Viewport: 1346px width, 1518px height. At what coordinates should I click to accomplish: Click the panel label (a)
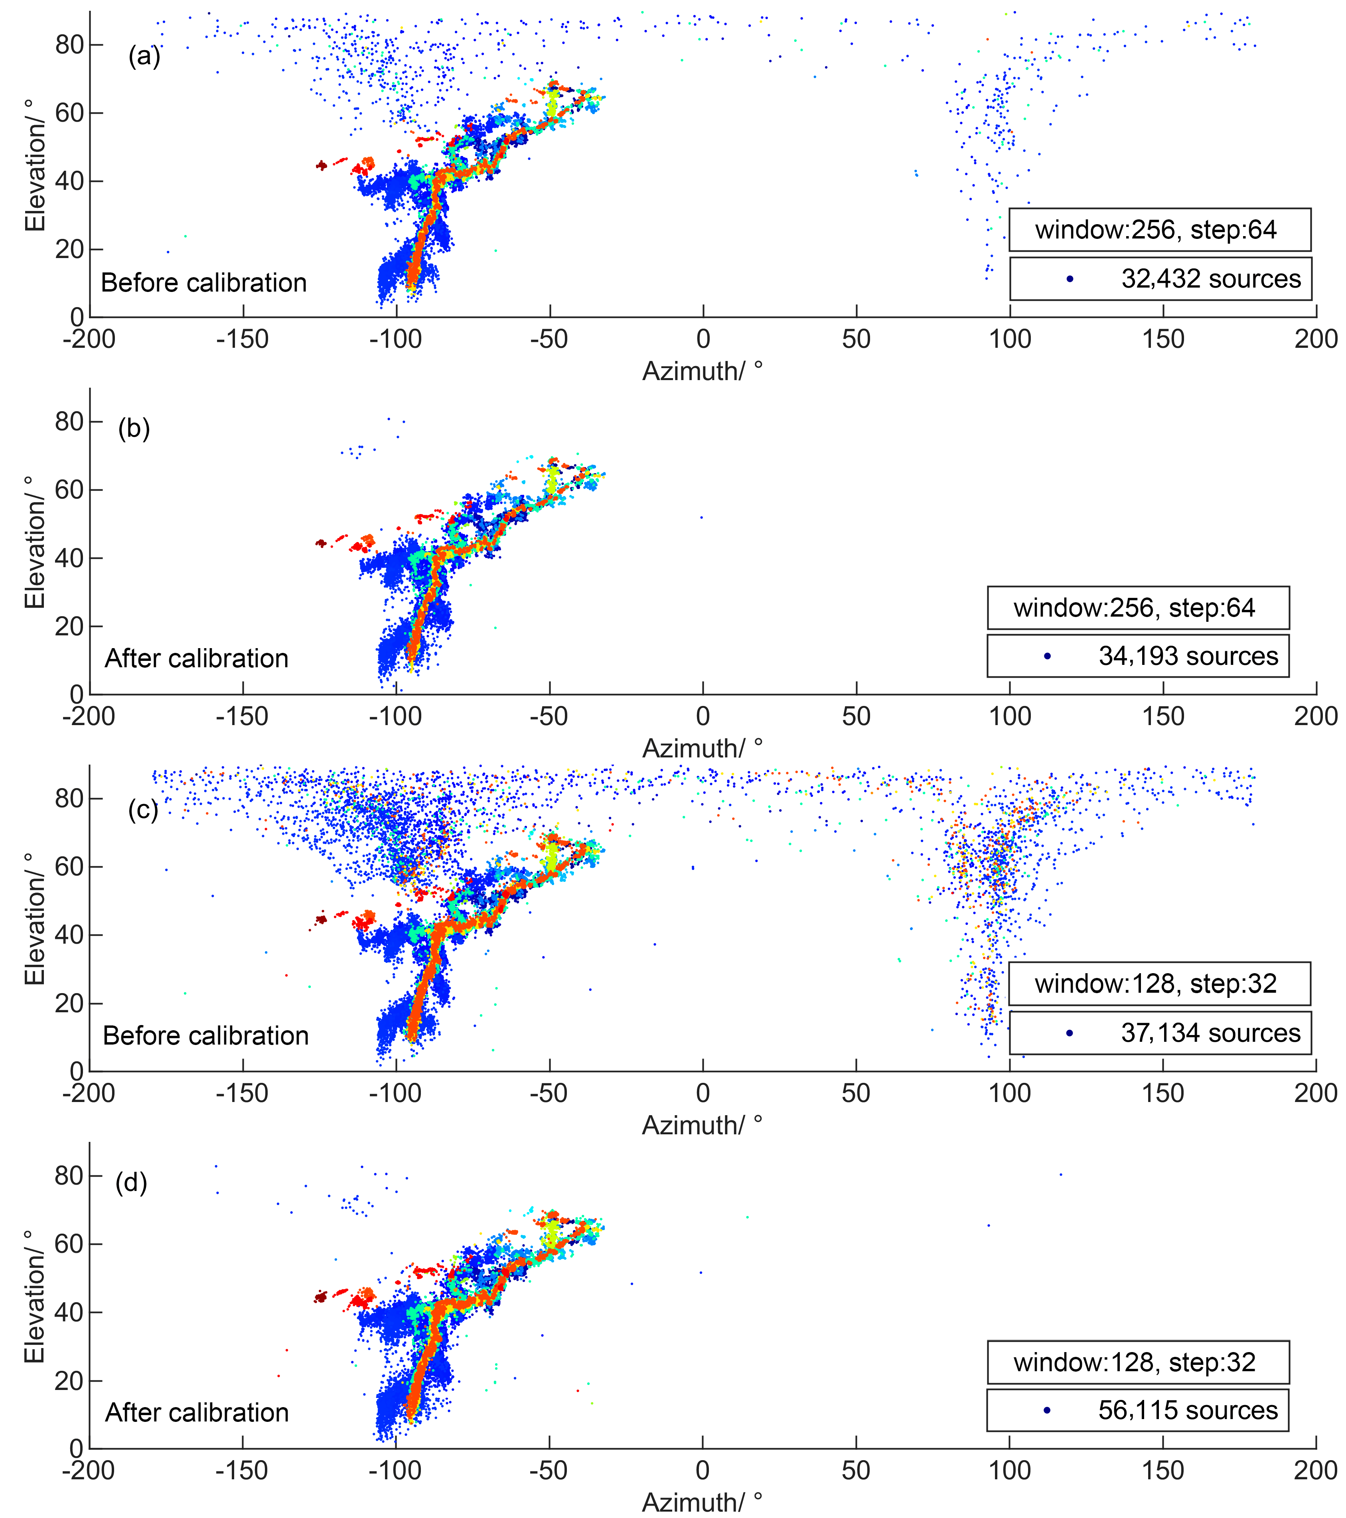tap(144, 56)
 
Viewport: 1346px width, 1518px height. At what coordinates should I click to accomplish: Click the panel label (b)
tap(134, 428)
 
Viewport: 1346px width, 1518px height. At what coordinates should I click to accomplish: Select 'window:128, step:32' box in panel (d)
tap(1137, 1362)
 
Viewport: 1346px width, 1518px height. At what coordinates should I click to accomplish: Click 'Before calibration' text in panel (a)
tap(203, 283)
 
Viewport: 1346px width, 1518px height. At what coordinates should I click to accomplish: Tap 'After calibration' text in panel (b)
tap(196, 659)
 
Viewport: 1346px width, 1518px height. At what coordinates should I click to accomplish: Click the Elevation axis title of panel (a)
tap(35, 165)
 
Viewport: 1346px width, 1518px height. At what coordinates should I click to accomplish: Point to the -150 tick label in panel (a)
tap(242, 339)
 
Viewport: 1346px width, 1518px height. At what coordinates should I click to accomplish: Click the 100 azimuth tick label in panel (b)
tap(1009, 717)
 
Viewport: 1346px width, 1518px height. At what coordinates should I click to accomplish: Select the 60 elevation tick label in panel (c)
tap(68, 867)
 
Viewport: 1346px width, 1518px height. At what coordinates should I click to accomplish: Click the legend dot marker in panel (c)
tap(1070, 1033)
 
